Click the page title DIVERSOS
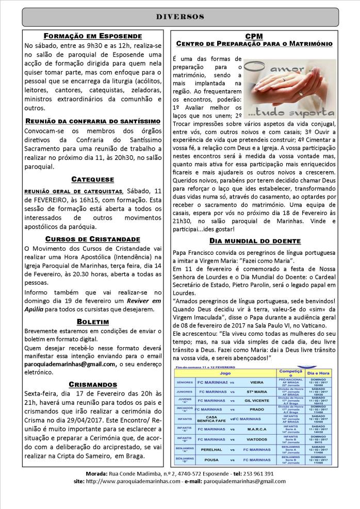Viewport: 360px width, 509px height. pos(180,17)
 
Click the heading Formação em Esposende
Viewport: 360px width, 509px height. pos(92,37)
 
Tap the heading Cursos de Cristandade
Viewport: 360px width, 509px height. pos(92,239)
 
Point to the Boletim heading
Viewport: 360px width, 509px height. pos(92,321)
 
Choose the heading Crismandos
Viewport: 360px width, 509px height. pos(92,384)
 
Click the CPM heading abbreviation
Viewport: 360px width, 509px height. pos(254,37)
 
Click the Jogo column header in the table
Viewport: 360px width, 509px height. pos(225,371)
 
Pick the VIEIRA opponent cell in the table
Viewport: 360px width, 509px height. pos(255,384)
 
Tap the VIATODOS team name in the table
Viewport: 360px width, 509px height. pos(255,439)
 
